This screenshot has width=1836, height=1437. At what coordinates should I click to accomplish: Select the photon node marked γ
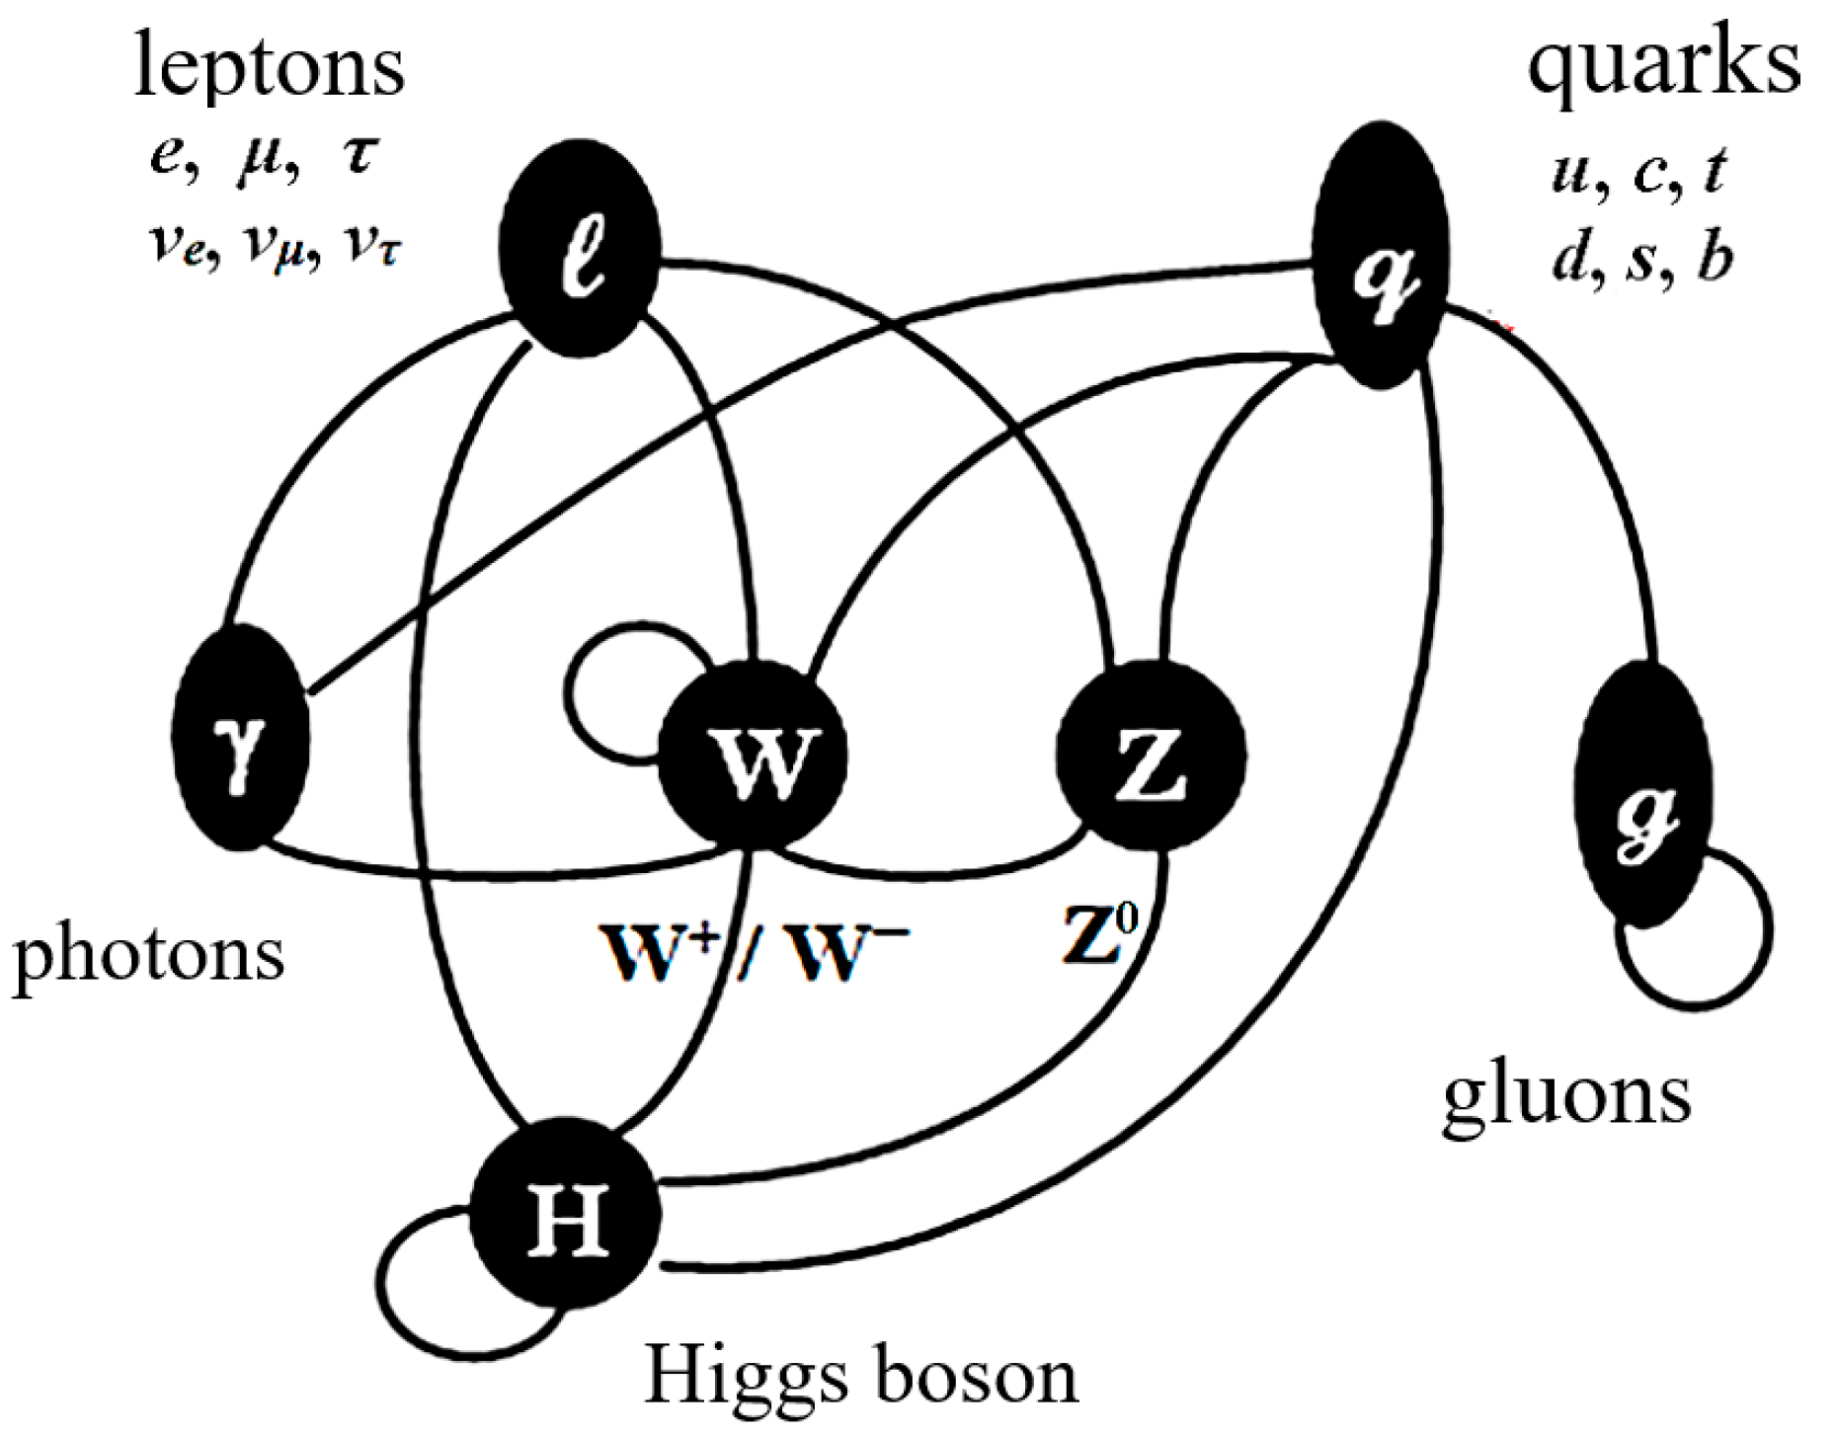pyautogui.click(x=240, y=738)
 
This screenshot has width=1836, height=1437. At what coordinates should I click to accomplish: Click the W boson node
pyautogui.click(x=754, y=758)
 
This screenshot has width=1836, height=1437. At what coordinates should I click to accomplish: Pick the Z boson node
pyautogui.click(x=1151, y=756)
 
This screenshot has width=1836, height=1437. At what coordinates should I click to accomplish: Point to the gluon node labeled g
pyautogui.click(x=1640, y=795)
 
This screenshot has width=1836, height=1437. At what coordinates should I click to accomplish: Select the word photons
pyautogui.click(x=148, y=956)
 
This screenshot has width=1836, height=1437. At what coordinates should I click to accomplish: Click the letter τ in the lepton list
pyautogui.click(x=359, y=155)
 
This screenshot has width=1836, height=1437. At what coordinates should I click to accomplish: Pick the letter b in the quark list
pyautogui.click(x=1714, y=259)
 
